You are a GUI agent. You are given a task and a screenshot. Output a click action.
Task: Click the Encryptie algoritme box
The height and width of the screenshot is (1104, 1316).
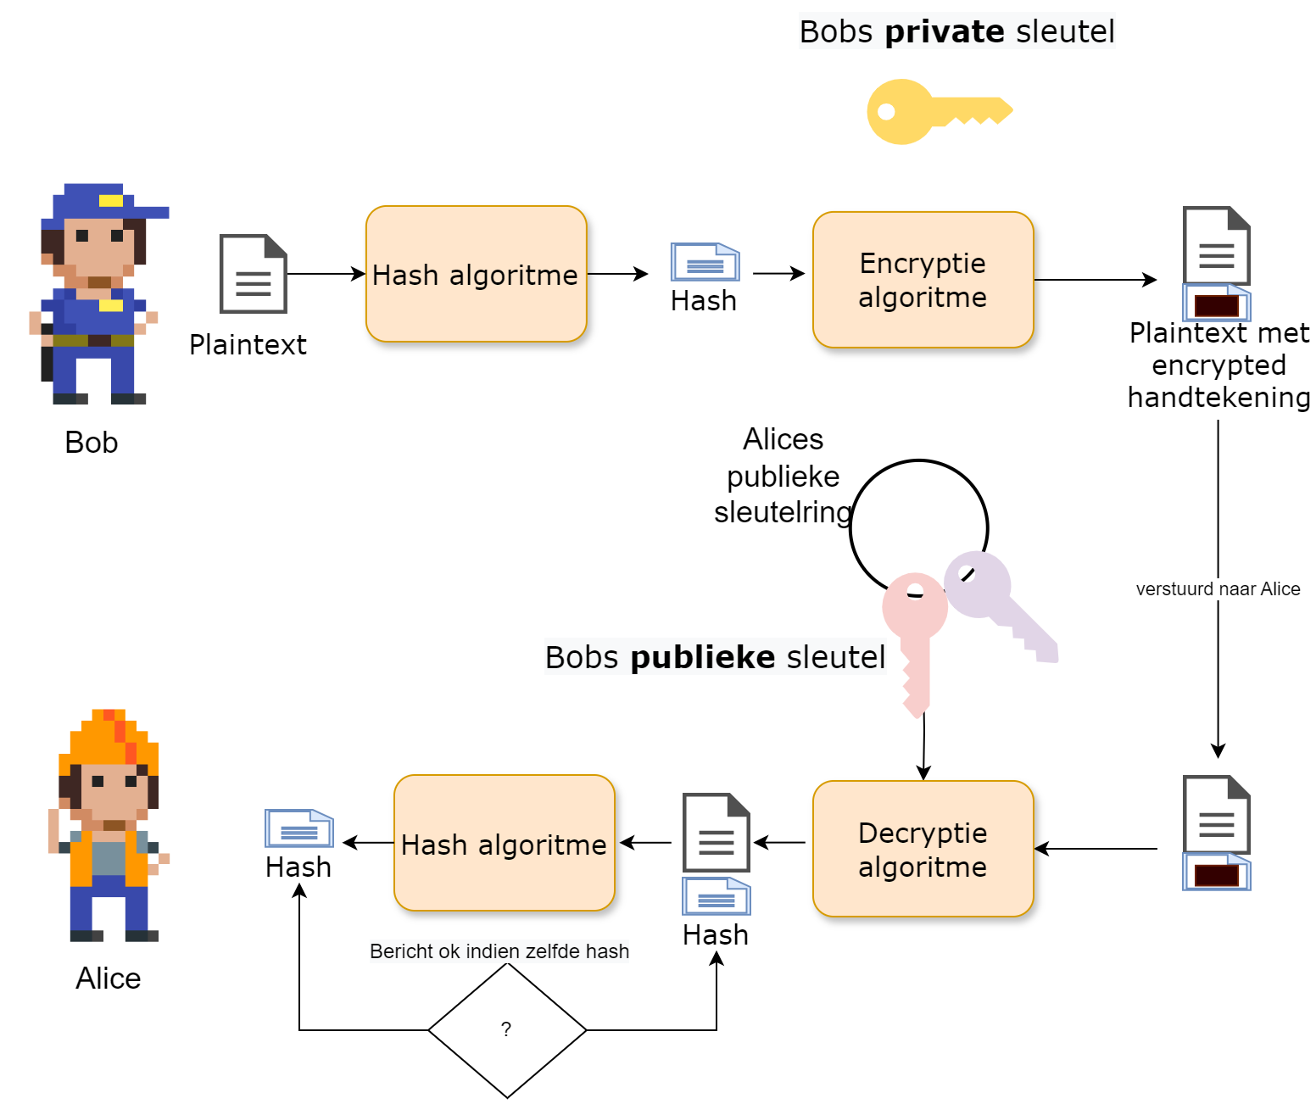pyautogui.click(x=923, y=280)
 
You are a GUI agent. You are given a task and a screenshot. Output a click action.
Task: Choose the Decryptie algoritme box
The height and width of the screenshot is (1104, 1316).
pyautogui.click(x=923, y=849)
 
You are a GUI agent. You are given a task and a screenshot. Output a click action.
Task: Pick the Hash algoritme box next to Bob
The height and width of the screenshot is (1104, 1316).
pyautogui.click(x=476, y=274)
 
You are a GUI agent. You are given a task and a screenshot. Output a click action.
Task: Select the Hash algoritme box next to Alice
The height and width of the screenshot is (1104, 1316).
pyautogui.click(x=504, y=843)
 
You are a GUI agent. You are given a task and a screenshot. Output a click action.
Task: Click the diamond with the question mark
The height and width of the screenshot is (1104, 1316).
pyautogui.click(x=507, y=1030)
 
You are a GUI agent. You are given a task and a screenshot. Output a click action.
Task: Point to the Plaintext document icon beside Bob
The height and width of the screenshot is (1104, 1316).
pyautogui.click(x=253, y=274)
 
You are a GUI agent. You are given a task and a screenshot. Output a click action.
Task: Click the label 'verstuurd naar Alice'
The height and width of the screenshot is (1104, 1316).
pyautogui.click(x=1218, y=588)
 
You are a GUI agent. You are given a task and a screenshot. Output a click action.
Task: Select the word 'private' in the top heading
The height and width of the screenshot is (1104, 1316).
pyautogui.click(x=944, y=32)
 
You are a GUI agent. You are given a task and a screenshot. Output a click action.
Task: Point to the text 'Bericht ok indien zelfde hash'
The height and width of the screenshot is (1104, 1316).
pyautogui.click(x=499, y=951)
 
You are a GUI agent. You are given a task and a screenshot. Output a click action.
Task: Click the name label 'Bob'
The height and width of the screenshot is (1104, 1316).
pyautogui.click(x=92, y=443)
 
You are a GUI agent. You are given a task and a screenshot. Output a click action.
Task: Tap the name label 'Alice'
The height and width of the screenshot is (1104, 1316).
pyautogui.click(x=109, y=979)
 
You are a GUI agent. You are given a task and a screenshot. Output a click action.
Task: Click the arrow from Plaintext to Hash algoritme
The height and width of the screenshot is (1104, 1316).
pyautogui.click(x=326, y=274)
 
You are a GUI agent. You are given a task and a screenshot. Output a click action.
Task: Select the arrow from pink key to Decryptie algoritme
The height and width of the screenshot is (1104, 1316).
pyautogui.click(x=923, y=746)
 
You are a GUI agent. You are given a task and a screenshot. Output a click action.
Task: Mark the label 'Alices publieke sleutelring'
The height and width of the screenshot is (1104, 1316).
pyautogui.click(x=783, y=477)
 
